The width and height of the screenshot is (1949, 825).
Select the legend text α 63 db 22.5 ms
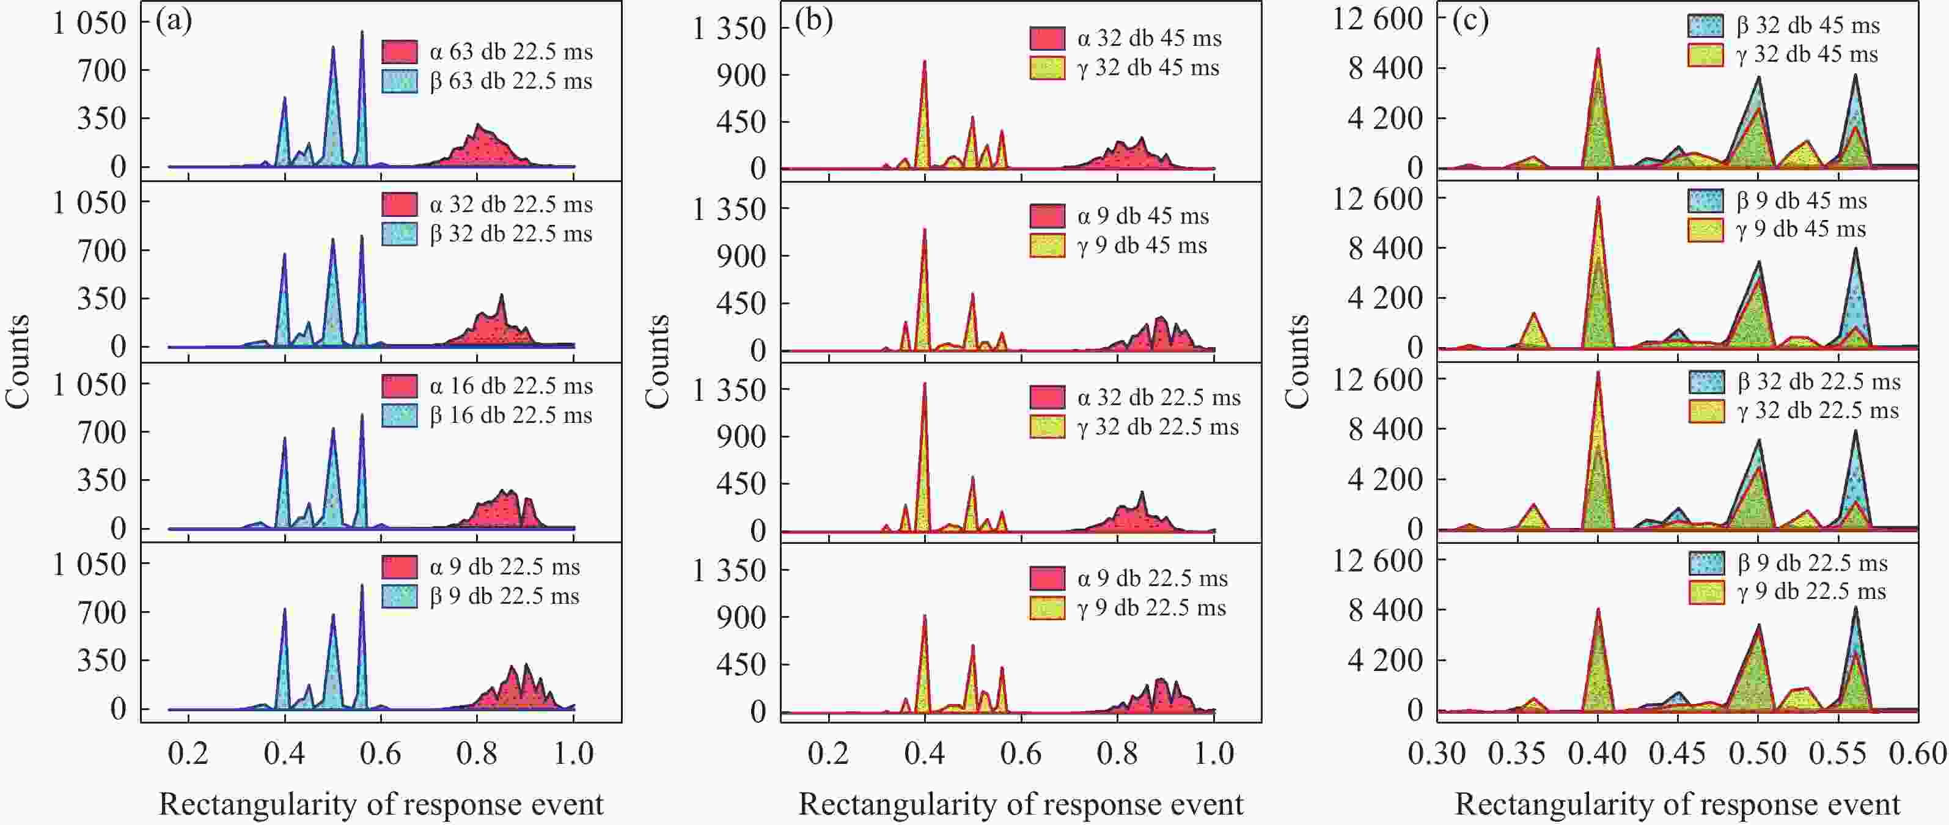click(x=511, y=52)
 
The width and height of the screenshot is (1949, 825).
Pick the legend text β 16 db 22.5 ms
click(x=511, y=416)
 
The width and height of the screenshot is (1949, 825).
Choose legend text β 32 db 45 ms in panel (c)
click(x=1808, y=26)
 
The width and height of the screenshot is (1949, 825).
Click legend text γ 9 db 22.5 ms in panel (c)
click(x=1812, y=592)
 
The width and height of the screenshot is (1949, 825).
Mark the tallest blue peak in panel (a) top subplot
click(x=362, y=34)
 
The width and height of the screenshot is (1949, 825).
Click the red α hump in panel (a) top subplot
click(x=484, y=148)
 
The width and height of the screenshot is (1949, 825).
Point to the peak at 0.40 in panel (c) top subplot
click(x=1598, y=53)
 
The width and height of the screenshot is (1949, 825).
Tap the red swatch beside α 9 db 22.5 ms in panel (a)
click(x=400, y=567)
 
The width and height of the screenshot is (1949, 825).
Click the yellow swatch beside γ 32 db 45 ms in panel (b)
click(x=1047, y=68)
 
